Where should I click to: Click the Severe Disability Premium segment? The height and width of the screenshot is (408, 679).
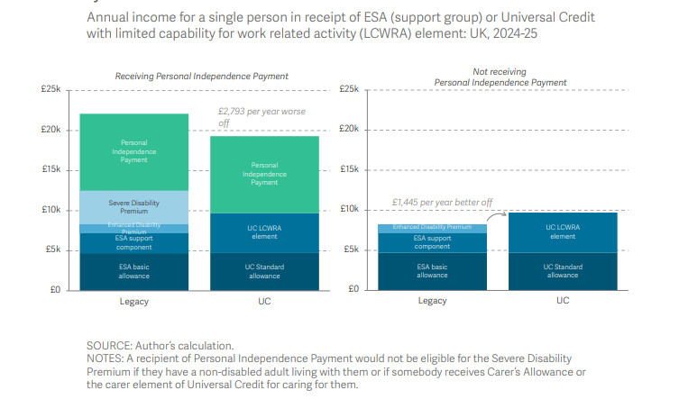point(133,206)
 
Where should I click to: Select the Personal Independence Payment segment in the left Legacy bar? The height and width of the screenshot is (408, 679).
point(133,150)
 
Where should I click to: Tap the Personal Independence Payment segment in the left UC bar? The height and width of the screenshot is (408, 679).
point(264,174)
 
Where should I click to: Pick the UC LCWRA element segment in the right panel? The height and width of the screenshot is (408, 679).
point(562,231)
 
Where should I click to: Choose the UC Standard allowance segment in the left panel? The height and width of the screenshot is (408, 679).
point(264,271)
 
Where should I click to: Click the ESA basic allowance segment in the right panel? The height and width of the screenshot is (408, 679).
point(432,271)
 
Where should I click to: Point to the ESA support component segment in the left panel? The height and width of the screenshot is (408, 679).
point(133,242)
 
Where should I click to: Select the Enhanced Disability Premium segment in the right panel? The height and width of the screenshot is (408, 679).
point(432,228)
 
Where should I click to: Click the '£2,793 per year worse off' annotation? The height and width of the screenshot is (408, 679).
point(262,116)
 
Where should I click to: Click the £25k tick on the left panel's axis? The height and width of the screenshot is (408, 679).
point(50,89)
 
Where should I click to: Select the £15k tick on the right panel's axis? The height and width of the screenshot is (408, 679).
point(349,169)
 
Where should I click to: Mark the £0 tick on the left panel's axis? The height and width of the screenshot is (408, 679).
point(53,289)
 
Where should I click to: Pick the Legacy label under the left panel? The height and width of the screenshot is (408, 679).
point(133,301)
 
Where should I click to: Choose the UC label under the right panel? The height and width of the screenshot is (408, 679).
point(562,301)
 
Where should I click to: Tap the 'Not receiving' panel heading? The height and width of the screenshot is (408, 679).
point(500,71)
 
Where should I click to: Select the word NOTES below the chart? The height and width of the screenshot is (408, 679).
point(106,358)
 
